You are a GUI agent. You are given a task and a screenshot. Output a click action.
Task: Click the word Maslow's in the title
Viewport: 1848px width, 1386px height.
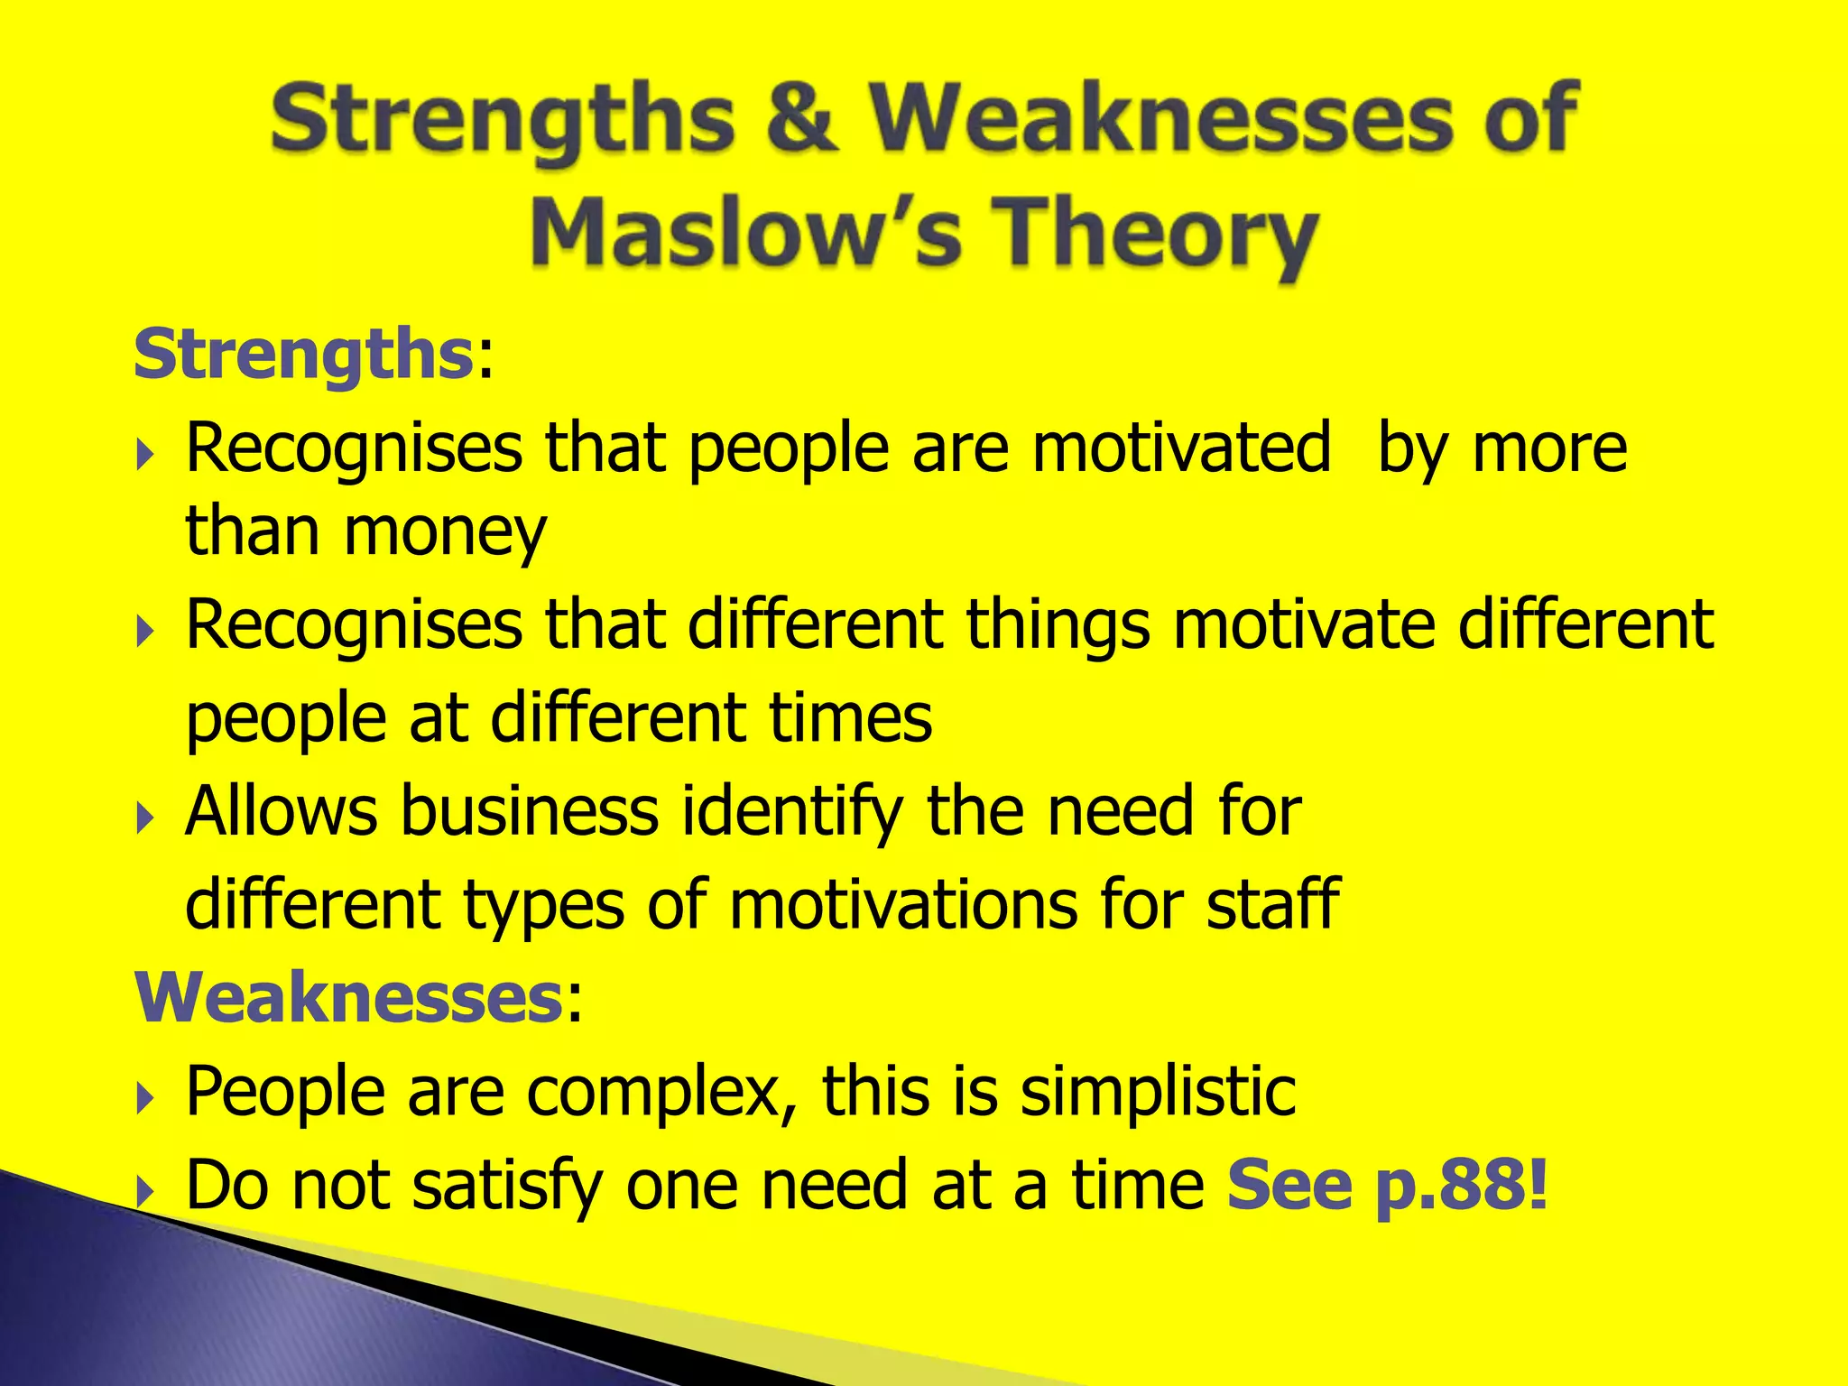(x=747, y=232)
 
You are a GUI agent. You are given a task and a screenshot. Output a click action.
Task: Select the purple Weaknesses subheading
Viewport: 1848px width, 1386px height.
(x=349, y=998)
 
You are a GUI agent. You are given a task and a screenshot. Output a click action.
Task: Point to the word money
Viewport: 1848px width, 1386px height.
(x=445, y=532)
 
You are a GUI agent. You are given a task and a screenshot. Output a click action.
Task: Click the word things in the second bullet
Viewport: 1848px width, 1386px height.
(x=1058, y=624)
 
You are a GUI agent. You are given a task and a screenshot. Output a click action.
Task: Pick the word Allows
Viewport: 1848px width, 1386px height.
(x=282, y=811)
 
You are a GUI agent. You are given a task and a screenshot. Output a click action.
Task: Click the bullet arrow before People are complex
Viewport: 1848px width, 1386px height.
(x=146, y=1099)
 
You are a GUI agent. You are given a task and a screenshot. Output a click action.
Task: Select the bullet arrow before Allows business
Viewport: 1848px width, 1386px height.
(x=146, y=818)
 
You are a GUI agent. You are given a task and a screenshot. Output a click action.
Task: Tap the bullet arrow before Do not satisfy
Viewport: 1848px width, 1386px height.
(x=146, y=1193)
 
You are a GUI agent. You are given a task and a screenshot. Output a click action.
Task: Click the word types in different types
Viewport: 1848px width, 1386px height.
(x=543, y=906)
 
